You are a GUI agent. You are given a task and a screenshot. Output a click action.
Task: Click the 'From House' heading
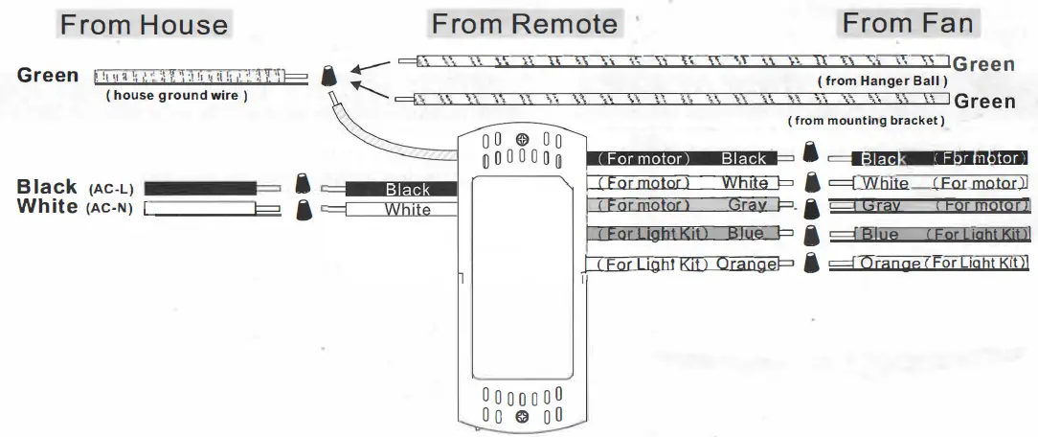144,25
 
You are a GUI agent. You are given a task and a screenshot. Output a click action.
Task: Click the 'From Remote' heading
524,25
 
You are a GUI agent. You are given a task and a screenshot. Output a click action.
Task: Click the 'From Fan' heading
907,24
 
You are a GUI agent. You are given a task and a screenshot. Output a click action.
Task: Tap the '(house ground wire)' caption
177,96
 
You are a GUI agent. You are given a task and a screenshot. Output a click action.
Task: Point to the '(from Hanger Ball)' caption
882,81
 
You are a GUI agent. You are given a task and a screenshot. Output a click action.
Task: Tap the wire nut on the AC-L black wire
304,185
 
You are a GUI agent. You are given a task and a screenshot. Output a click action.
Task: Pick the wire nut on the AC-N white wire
304,208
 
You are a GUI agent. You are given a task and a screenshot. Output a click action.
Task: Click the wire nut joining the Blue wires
812,234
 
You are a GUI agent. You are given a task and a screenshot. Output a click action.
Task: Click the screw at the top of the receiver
522,141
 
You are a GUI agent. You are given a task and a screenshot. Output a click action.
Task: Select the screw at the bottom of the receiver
522,415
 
